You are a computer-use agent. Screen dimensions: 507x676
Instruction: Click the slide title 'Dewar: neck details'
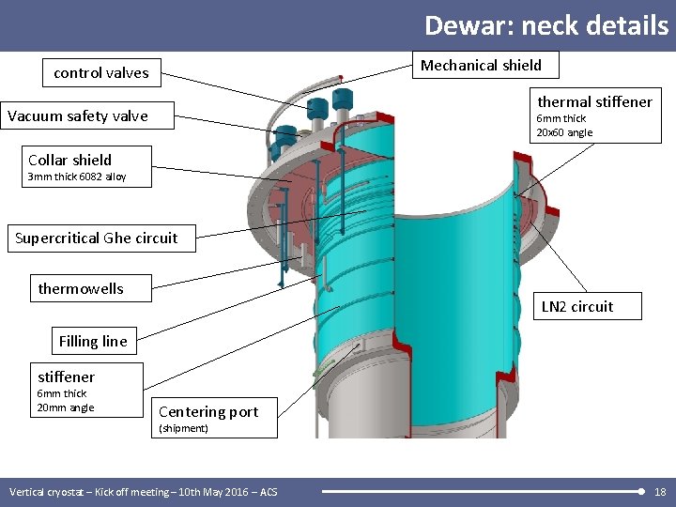tap(545, 24)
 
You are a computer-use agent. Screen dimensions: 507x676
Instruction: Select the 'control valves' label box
tap(101, 72)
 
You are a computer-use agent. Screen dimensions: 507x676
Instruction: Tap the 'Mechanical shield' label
tap(481, 65)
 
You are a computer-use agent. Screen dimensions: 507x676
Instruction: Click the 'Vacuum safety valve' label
tap(78, 116)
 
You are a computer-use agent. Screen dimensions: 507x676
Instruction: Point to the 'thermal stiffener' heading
tap(594, 101)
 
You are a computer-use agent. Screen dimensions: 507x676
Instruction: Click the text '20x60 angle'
tap(564, 132)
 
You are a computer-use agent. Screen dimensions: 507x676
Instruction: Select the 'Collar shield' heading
tap(69, 160)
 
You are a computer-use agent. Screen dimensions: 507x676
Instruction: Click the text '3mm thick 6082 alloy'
tap(77, 177)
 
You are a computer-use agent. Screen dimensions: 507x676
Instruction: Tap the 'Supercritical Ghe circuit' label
tap(96, 238)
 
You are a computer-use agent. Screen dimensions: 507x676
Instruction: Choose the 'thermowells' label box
tap(81, 288)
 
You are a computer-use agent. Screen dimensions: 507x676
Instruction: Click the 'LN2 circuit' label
tap(577, 306)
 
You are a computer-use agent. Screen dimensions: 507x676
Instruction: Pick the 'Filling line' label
tap(93, 341)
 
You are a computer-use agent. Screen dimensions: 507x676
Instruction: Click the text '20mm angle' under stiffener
tap(65, 407)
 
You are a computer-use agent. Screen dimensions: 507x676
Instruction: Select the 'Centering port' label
tap(208, 411)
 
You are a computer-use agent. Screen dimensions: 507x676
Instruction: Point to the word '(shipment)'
tap(184, 428)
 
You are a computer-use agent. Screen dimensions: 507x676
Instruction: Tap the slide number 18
tap(660, 492)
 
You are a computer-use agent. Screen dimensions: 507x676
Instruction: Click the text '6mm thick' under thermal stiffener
tap(561, 118)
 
